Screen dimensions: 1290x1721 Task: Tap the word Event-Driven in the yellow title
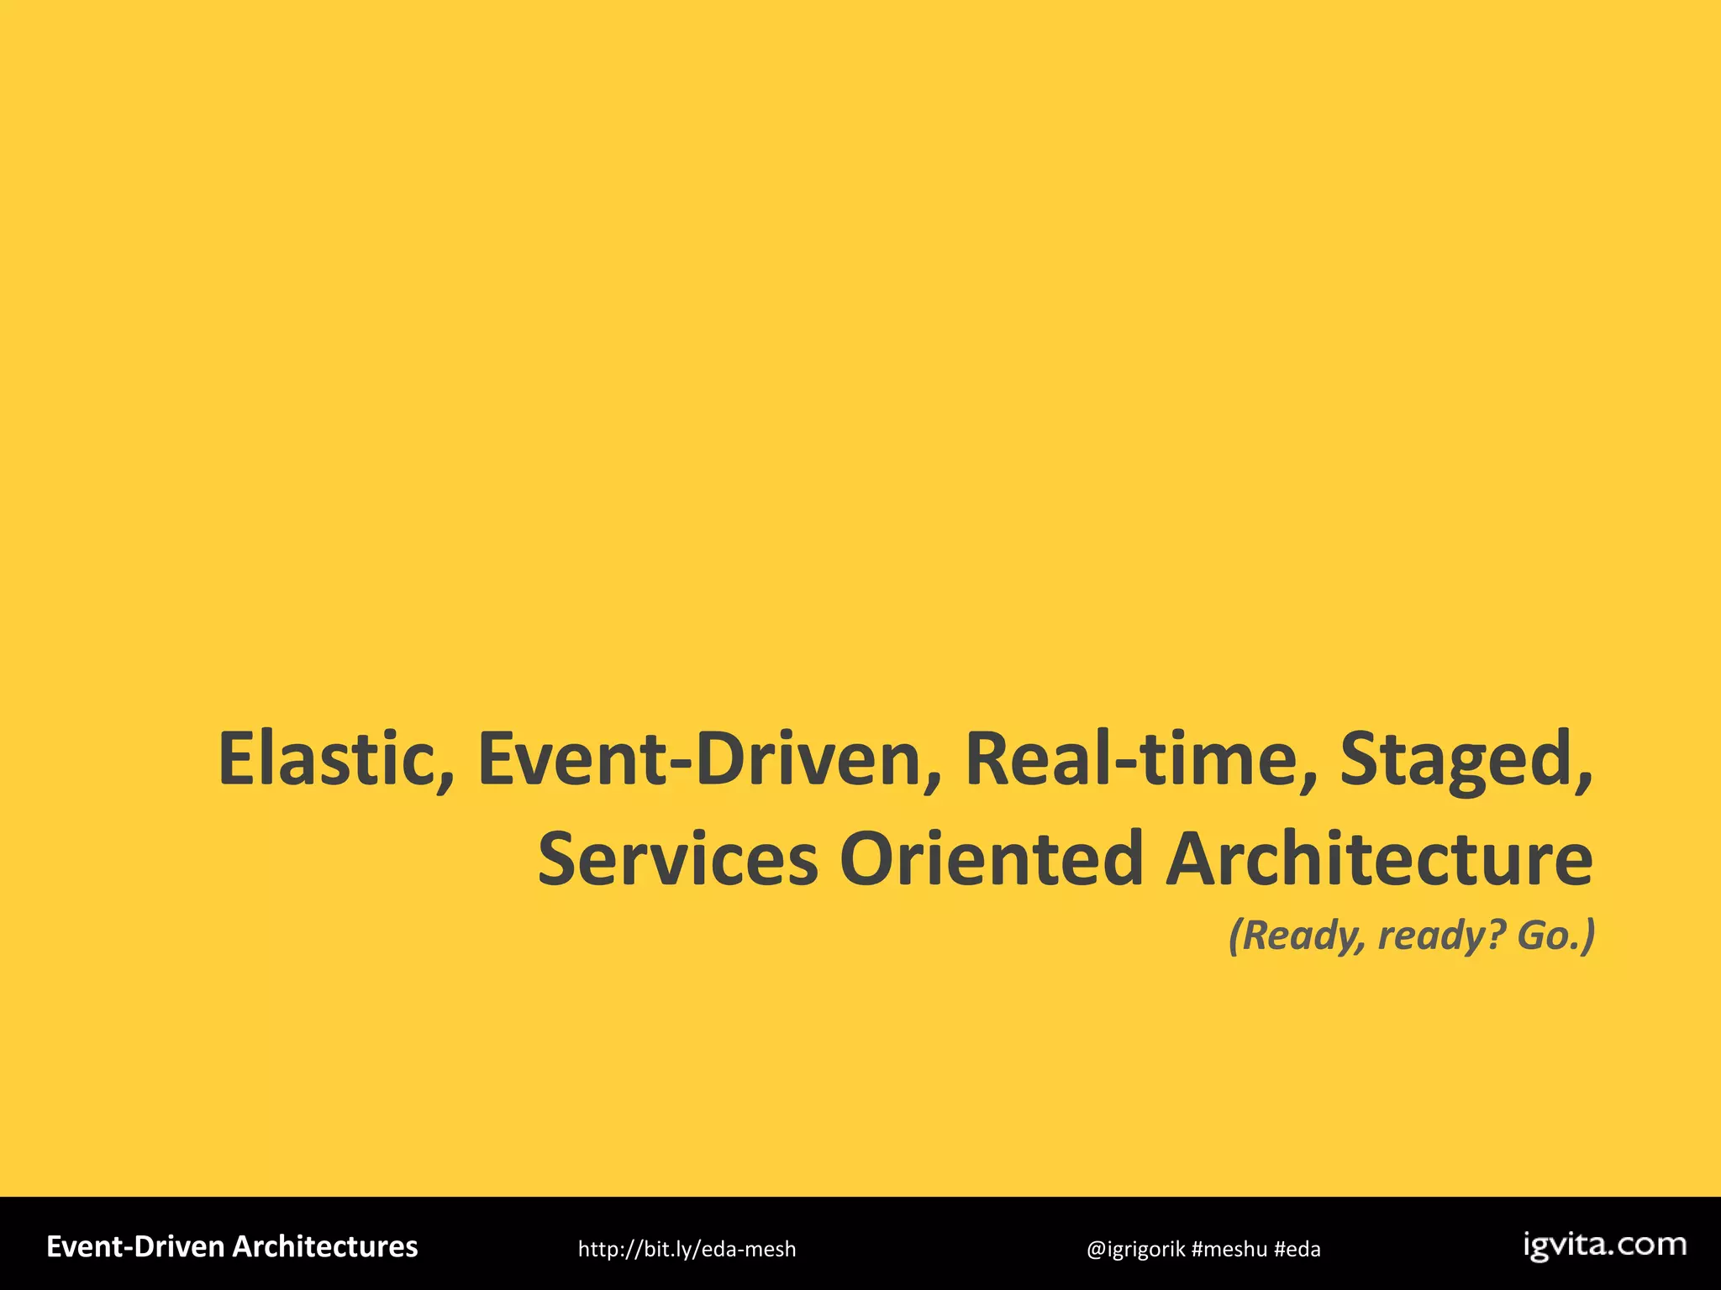coord(701,758)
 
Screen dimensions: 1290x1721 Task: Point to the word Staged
coord(1453,758)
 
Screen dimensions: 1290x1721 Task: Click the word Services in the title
coord(677,859)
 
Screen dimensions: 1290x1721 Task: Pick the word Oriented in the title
coord(992,859)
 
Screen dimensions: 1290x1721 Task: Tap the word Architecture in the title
coord(1379,859)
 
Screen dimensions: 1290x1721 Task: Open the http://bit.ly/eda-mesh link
coord(687,1250)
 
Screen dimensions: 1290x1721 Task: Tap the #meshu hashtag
coord(1229,1250)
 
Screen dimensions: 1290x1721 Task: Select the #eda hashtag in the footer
coord(1297,1250)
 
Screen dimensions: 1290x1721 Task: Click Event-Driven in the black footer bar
coord(135,1247)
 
